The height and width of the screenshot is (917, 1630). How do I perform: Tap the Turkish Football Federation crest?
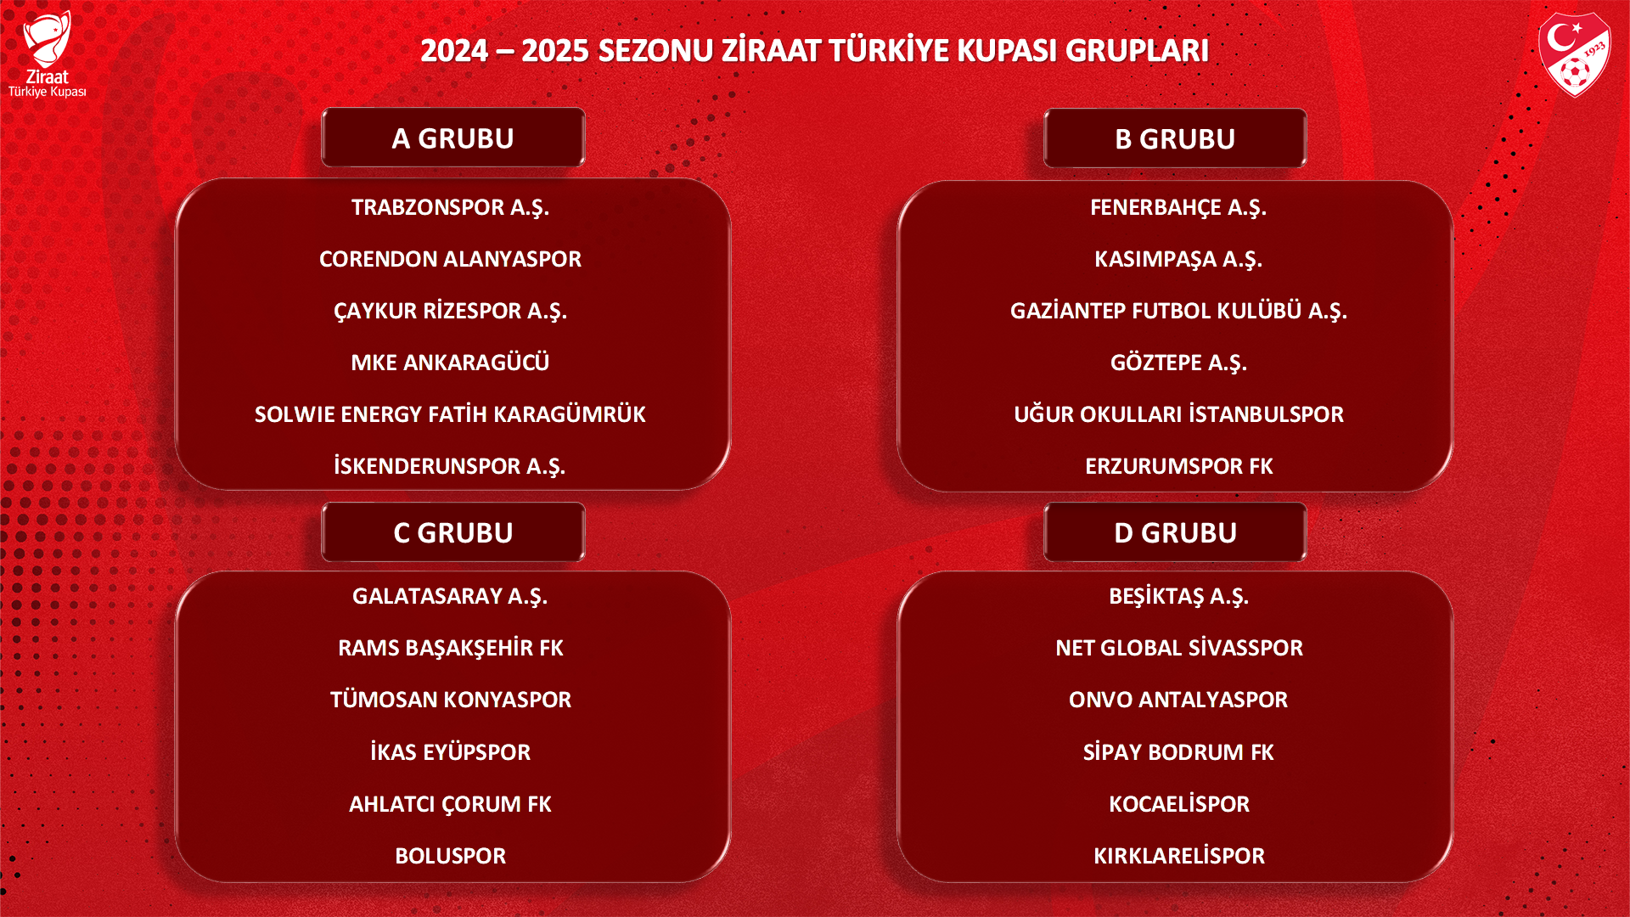pos(1575,54)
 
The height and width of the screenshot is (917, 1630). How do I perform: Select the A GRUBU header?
pos(453,138)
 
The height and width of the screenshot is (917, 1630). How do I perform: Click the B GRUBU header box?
pos(1175,138)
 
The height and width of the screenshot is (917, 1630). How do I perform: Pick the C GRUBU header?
pos(453,532)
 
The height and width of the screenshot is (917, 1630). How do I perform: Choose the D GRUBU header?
pos(1175,532)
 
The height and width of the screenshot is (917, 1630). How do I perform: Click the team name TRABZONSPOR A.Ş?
pos(450,208)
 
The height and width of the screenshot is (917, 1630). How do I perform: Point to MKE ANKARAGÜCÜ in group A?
pos(450,363)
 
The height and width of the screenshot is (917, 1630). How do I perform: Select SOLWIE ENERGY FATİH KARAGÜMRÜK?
pos(450,414)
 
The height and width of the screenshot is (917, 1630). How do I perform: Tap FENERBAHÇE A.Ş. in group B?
pos(1178,208)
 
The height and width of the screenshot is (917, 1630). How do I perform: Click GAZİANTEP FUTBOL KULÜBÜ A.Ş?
pos(1178,311)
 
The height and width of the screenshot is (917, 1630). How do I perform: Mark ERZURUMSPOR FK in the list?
pos(1178,466)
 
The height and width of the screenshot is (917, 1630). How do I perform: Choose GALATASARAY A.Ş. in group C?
pos(450,597)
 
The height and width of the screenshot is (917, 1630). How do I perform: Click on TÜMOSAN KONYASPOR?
pos(450,700)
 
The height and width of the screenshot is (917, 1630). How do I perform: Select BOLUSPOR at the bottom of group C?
pos(450,856)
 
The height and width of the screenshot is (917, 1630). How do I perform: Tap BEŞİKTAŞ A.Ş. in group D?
pos(1178,597)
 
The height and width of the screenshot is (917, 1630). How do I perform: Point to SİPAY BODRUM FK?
pos(1178,752)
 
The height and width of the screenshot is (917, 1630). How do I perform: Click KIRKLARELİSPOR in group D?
pos(1178,856)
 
